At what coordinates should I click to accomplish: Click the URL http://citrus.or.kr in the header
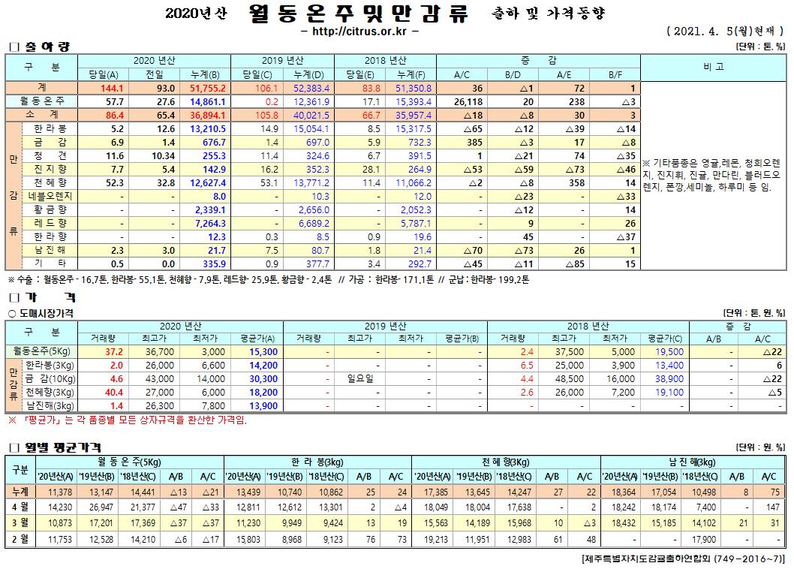pos(359,32)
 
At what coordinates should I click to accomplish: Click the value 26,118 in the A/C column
pos(468,101)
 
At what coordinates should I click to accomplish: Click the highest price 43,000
pos(159,378)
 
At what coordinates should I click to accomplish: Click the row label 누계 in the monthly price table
pos(20,492)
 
